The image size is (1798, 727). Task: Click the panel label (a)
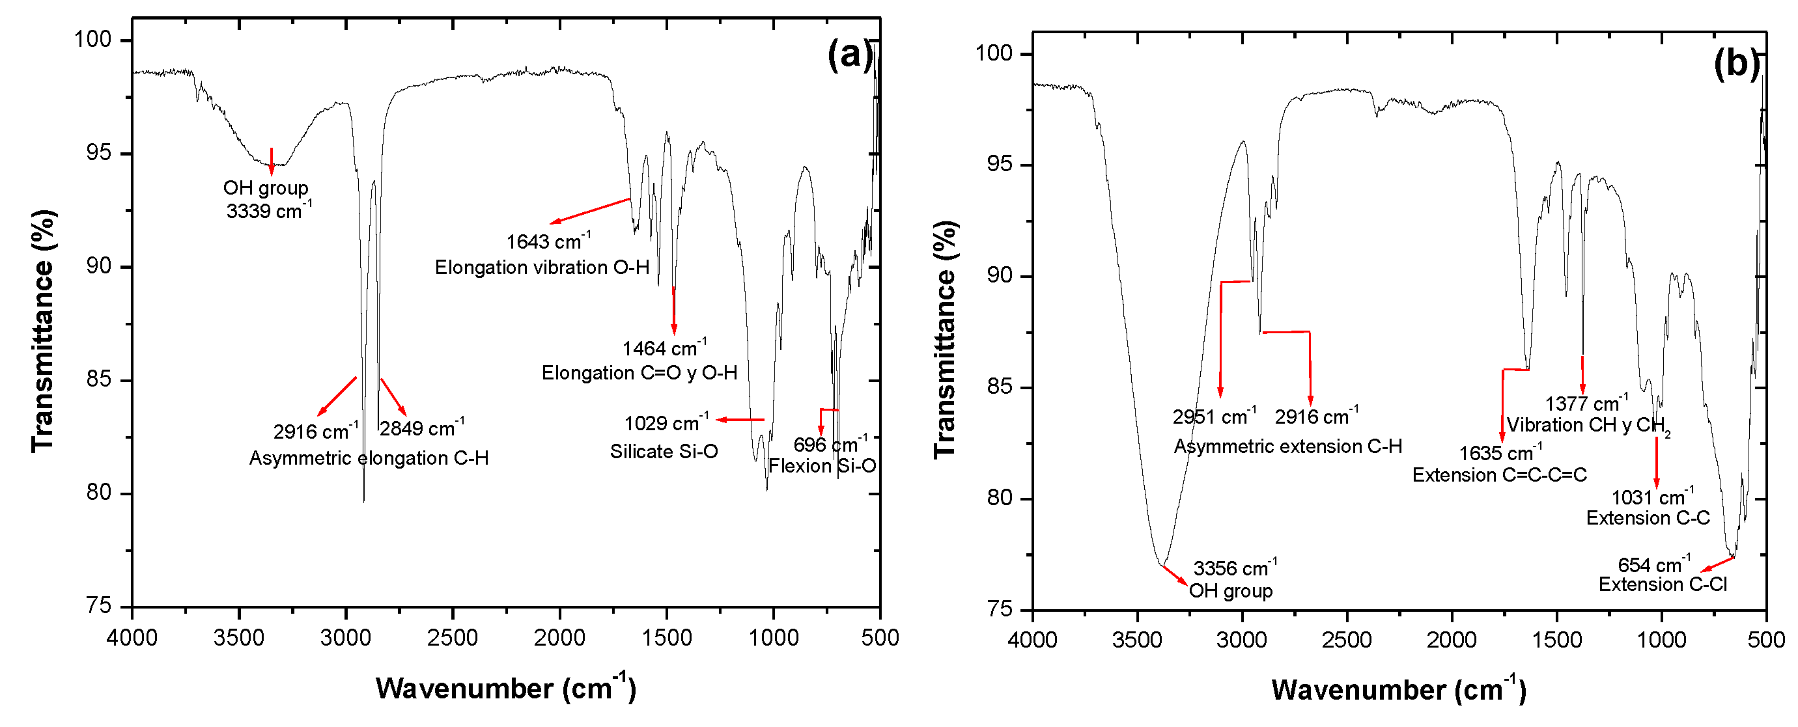coord(849,55)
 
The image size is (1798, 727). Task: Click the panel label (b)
coord(1737,64)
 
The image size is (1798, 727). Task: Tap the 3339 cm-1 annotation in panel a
coord(268,210)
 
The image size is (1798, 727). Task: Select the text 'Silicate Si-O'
coord(664,452)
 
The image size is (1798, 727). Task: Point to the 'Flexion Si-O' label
coord(822,466)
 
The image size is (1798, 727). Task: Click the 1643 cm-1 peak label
coord(548,241)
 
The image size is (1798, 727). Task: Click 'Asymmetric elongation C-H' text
coord(369,458)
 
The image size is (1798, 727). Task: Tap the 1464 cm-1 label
coord(664,348)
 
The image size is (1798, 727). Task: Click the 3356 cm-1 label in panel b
coord(1235,568)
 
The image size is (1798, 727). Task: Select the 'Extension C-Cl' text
coord(1663,584)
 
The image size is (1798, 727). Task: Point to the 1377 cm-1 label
coord(1586,404)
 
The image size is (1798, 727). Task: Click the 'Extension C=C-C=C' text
coord(1499,476)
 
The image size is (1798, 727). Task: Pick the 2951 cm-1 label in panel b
coord(1214,417)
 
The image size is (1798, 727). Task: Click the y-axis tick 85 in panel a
coord(99,380)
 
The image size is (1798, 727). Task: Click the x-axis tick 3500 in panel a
coord(239,638)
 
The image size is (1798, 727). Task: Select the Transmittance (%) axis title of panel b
coord(945,339)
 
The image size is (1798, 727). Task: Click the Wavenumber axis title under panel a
coord(505,689)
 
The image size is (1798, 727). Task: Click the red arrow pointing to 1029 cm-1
coord(740,419)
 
